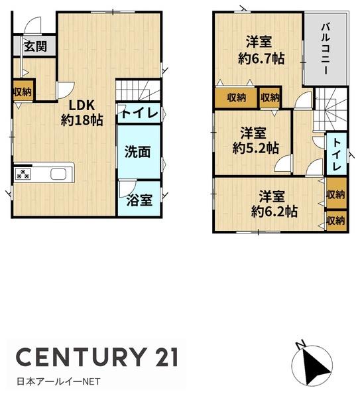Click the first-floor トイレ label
(x=139, y=113)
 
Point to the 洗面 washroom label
(x=138, y=152)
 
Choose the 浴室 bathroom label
(x=138, y=200)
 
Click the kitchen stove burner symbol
(x=22, y=174)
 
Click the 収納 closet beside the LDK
(x=23, y=92)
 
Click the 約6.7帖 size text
(x=261, y=58)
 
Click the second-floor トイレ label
(x=336, y=154)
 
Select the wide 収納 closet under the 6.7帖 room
(x=237, y=98)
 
